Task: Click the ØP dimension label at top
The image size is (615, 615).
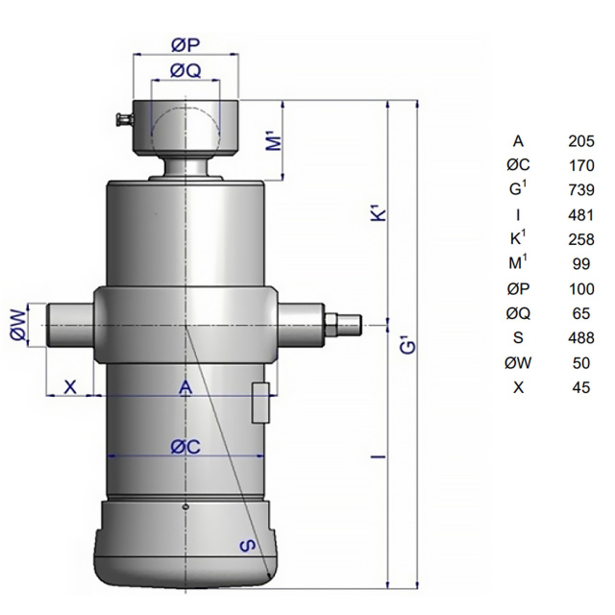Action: (185, 45)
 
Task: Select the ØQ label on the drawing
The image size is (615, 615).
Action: (185, 71)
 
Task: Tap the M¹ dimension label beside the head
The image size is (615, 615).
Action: (277, 142)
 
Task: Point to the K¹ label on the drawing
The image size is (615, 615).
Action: (379, 214)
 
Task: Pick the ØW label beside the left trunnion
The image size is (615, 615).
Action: (19, 325)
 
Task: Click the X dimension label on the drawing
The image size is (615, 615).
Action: (70, 387)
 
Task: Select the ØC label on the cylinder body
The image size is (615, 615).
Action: (185, 447)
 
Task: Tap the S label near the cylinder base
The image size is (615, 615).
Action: (248, 546)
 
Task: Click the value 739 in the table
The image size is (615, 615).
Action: (581, 190)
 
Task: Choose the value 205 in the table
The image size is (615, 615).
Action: (581, 141)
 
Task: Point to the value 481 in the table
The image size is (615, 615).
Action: (580, 215)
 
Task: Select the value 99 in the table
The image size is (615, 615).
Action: (581, 264)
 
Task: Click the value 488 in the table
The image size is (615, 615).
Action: (581, 337)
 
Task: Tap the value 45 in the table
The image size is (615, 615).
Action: (581, 387)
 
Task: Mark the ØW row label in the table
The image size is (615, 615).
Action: (518, 363)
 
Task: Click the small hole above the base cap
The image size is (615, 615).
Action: (185, 507)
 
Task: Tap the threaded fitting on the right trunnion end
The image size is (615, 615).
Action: (342, 325)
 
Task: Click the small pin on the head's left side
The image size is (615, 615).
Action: (124, 119)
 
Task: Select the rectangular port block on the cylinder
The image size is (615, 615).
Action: (260, 404)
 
